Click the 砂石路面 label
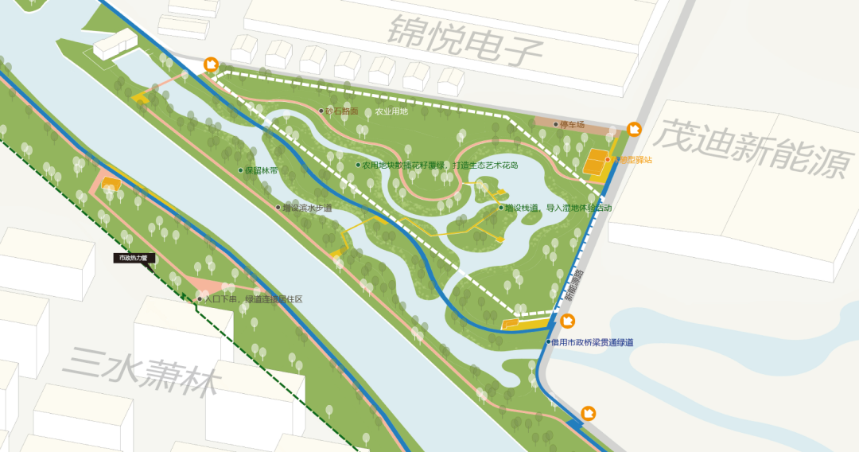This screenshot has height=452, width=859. (x=343, y=111)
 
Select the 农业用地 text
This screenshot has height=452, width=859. (x=391, y=111)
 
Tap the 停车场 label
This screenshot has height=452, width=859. (x=572, y=125)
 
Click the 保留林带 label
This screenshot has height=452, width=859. (x=262, y=170)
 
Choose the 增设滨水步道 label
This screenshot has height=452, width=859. (x=307, y=208)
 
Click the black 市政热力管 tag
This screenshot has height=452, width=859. (x=134, y=258)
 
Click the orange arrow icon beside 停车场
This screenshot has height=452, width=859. (x=634, y=129)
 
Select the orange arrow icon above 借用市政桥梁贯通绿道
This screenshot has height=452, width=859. (x=568, y=321)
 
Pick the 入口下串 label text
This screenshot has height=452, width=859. (x=253, y=300)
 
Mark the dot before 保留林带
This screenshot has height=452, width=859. (x=240, y=170)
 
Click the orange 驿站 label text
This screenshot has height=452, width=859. (x=632, y=160)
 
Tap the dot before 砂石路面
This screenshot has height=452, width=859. (x=321, y=111)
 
